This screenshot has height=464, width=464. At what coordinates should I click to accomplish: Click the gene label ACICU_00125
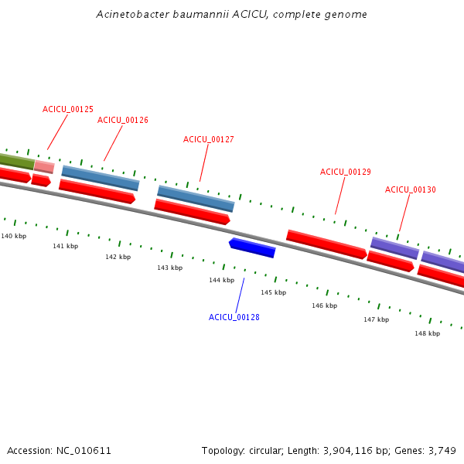68,110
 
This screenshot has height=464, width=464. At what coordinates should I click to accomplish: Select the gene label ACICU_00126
123,121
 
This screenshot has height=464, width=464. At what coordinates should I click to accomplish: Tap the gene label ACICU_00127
209,140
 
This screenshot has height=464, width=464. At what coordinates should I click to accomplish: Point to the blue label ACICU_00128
234,318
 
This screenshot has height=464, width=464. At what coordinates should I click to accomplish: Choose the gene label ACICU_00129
346,172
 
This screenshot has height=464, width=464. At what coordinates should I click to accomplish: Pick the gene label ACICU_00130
411,190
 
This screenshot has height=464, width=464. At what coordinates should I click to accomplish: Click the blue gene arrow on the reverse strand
252,247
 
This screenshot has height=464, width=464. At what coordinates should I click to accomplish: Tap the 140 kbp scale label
14,236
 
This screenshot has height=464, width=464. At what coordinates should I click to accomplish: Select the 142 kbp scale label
118,257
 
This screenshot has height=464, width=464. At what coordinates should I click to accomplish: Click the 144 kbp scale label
221,281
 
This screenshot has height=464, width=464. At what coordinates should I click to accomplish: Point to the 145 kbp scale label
273,293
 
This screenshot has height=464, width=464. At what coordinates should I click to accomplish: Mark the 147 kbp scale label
376,319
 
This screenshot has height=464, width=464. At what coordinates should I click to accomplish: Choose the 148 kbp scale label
427,334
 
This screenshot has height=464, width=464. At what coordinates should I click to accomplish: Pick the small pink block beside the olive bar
44,166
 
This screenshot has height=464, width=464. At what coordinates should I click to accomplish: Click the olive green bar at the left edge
16,161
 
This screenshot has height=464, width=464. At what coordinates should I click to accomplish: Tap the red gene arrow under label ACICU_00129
326,244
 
